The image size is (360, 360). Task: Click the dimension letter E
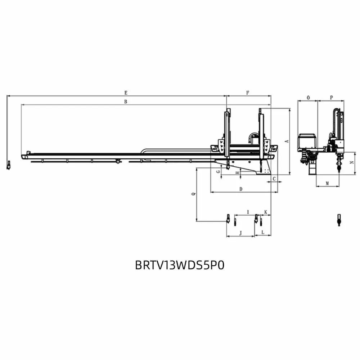[x=126, y=93]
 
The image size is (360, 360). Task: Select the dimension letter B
[x=126, y=102]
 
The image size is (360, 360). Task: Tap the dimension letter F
[x=248, y=93]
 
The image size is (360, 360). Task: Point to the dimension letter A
[x=287, y=141]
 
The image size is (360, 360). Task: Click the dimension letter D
[x=241, y=189]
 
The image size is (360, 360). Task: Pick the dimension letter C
[x=274, y=179]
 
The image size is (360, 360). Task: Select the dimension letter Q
[x=194, y=194]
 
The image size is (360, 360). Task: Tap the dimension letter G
[x=219, y=171]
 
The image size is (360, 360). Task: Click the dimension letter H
[x=238, y=173]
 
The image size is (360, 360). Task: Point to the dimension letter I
[x=248, y=212]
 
